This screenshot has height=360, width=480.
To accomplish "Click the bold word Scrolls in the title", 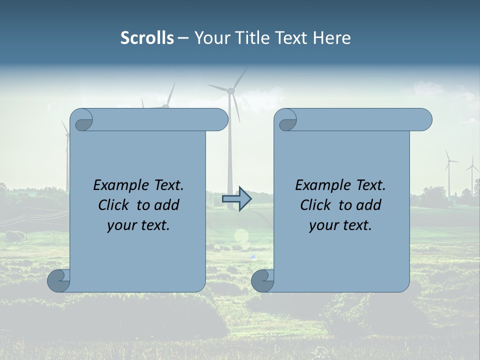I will [147, 38].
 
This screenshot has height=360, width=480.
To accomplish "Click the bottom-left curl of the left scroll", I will [58, 280].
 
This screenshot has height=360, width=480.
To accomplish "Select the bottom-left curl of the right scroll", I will [262, 280].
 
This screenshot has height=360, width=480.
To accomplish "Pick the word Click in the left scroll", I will [114, 205].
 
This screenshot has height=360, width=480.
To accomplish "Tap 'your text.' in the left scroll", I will [138, 225].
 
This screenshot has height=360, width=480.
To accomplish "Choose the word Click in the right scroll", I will [315, 205].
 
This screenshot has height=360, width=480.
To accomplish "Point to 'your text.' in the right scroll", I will [340, 225].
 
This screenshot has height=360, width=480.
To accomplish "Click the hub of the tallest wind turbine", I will [231, 91].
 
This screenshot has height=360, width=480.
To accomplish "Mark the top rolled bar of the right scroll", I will [360, 120].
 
